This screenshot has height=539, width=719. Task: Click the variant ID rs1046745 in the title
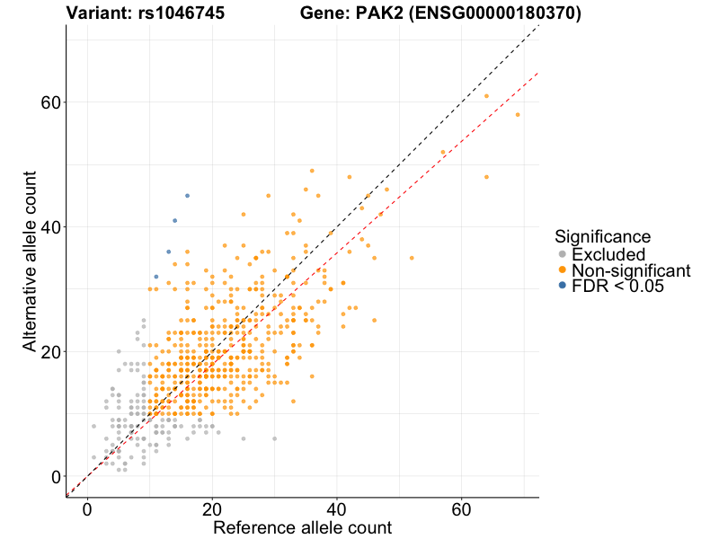pos(179,13)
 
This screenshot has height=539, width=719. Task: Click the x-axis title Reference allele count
pos(302,527)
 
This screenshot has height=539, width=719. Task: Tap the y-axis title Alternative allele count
pos(30,261)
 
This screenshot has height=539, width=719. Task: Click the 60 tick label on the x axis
pos(462,508)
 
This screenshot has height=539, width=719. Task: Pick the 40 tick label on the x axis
pos(337,508)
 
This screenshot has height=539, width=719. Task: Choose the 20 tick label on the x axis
pos(212,508)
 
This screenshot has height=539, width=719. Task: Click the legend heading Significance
pos(602,236)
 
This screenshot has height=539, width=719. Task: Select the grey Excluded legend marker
pos(563,255)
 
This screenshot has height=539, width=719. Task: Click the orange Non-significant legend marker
pos(563,270)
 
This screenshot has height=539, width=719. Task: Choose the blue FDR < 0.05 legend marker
pos(563,286)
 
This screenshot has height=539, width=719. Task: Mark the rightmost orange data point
pos(518,114)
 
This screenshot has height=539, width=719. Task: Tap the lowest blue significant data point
pos(156,277)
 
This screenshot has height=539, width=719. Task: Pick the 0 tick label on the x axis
pos(87,508)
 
